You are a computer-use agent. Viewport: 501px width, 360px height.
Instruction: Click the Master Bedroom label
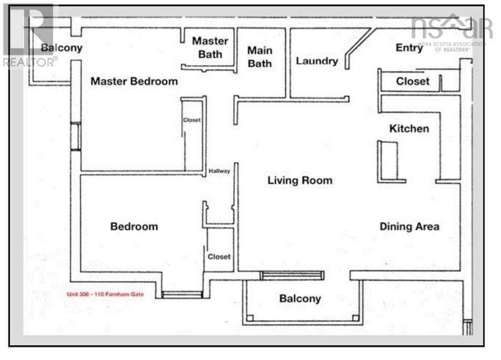134,81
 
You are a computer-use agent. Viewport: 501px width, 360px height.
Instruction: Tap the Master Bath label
210,48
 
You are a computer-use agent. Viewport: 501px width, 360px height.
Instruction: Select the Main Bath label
260,57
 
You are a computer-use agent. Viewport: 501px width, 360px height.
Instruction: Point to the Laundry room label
317,61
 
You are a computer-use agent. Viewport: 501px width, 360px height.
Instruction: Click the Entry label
409,48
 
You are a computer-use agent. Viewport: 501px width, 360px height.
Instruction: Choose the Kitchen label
409,129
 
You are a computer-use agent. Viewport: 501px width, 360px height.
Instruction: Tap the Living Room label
300,181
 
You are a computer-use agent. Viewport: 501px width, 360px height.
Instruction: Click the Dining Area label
409,227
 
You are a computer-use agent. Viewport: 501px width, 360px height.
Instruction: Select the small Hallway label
219,171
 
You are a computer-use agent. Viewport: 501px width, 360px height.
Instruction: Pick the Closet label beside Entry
412,81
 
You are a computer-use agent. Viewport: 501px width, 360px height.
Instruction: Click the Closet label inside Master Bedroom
192,120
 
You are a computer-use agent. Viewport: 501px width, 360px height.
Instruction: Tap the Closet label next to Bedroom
219,257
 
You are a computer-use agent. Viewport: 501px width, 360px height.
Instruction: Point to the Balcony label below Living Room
300,299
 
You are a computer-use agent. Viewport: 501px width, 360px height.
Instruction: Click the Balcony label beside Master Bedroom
61,48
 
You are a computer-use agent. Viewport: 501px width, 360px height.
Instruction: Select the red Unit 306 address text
105,294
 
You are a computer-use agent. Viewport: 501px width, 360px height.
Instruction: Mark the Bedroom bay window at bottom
182,294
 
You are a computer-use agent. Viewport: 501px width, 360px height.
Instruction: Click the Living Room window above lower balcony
292,276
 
